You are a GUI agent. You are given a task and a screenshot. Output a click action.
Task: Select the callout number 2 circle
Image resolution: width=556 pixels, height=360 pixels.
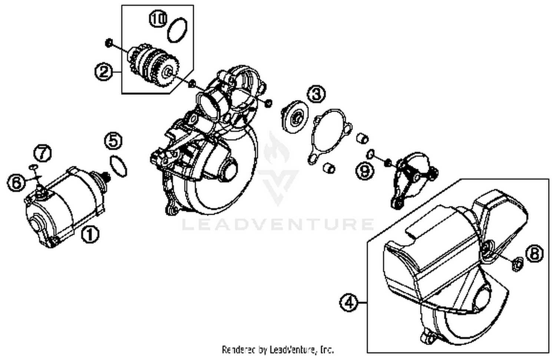(x=103, y=71)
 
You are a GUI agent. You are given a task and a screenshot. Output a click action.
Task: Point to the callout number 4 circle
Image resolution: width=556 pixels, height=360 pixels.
(x=349, y=303)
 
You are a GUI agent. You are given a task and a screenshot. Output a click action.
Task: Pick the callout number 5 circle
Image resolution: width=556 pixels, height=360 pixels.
(x=113, y=141)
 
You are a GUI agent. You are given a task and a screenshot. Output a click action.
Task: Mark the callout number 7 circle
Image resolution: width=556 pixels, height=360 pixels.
(x=43, y=153)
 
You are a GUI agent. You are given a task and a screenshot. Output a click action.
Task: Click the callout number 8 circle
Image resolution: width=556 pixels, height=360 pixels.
(x=534, y=254)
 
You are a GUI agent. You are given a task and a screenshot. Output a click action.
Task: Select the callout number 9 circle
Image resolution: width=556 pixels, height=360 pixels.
(x=365, y=171)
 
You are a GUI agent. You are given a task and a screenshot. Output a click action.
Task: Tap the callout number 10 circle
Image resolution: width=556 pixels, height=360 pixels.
(x=158, y=19)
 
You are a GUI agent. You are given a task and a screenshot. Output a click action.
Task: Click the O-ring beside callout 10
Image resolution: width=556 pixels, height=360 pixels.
(x=178, y=30)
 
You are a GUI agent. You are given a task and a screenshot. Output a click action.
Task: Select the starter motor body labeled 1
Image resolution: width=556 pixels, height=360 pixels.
(x=63, y=207)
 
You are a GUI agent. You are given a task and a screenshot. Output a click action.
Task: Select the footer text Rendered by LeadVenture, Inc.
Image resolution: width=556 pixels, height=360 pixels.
(x=278, y=349)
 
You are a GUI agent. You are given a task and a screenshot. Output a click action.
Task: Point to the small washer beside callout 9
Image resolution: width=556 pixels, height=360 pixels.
(x=370, y=153)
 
